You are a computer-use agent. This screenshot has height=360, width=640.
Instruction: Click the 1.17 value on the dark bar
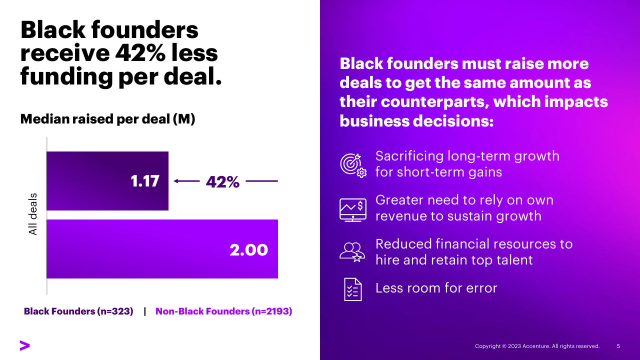145,181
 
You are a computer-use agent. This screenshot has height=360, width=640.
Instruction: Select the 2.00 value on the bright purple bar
249,249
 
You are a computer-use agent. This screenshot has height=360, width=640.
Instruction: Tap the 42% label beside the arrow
222,182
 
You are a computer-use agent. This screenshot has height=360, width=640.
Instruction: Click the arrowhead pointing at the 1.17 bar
176,181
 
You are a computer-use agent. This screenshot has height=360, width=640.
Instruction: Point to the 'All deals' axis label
33,213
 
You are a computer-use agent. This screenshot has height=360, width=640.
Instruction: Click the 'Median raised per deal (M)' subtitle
107,119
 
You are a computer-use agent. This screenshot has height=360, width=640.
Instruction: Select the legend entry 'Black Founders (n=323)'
78,311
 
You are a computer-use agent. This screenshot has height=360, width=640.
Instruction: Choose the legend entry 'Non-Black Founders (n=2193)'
223,311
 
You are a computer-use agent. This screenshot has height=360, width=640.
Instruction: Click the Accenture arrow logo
24,345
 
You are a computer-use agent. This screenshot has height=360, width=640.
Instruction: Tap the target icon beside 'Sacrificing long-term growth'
353,164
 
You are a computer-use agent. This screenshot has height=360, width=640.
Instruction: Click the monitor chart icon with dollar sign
353,209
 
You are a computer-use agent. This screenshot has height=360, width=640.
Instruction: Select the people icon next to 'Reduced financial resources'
352,251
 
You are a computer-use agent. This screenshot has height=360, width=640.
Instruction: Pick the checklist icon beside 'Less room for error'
352,289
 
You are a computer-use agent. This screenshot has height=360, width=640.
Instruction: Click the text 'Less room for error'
436,288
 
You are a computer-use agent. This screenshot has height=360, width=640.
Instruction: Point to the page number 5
618,346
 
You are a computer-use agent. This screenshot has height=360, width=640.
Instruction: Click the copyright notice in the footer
537,346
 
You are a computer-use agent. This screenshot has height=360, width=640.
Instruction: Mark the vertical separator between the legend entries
145,311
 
